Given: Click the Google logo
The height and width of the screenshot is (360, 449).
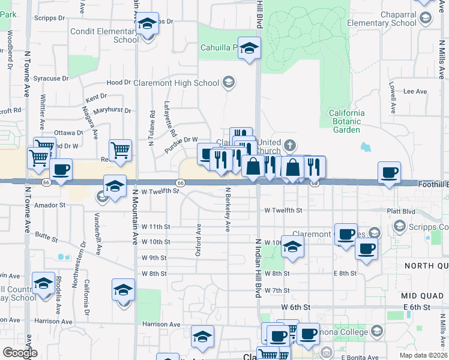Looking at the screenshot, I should [20, 353].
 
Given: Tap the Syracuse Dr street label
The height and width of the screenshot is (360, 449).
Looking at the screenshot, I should [51, 79].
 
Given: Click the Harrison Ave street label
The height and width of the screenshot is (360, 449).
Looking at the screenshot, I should [161, 324].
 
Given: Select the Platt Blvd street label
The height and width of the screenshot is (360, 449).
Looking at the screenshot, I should [401, 211].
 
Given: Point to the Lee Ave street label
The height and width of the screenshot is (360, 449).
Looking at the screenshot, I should [414, 91].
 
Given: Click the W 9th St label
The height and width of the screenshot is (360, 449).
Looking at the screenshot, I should [154, 257].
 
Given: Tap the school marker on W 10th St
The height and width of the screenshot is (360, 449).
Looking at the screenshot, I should [292, 246].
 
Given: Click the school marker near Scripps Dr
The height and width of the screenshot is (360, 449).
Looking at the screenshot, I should [147, 23].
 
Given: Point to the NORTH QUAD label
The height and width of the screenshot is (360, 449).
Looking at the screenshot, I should [426, 266].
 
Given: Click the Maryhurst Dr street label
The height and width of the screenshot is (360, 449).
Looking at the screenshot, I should [113, 110].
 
